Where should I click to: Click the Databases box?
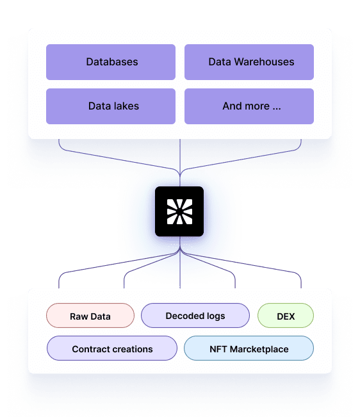pyautogui.click(x=111, y=62)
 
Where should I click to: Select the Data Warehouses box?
pyautogui.click(x=249, y=62)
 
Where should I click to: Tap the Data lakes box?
pyautogui.click(x=111, y=106)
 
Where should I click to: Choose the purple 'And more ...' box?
pyautogui.click(x=249, y=106)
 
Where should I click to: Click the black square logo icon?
pyautogui.click(x=179, y=211)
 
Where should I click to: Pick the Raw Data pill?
pyautogui.click(x=90, y=315)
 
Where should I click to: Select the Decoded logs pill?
pyautogui.click(x=195, y=315)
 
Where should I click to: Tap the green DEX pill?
pyautogui.click(x=286, y=315)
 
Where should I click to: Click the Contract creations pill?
pyautogui.click(x=112, y=348)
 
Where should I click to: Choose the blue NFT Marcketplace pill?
pyautogui.click(x=249, y=348)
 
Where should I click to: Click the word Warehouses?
pyautogui.click(x=264, y=61)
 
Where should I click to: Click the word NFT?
pyautogui.click(x=218, y=349)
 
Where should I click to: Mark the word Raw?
pyautogui.click(x=79, y=316)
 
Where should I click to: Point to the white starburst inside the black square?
pyautogui.click(x=179, y=211)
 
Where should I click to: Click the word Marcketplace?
pyautogui.click(x=259, y=349)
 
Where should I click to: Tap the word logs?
pyautogui.click(x=216, y=316)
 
